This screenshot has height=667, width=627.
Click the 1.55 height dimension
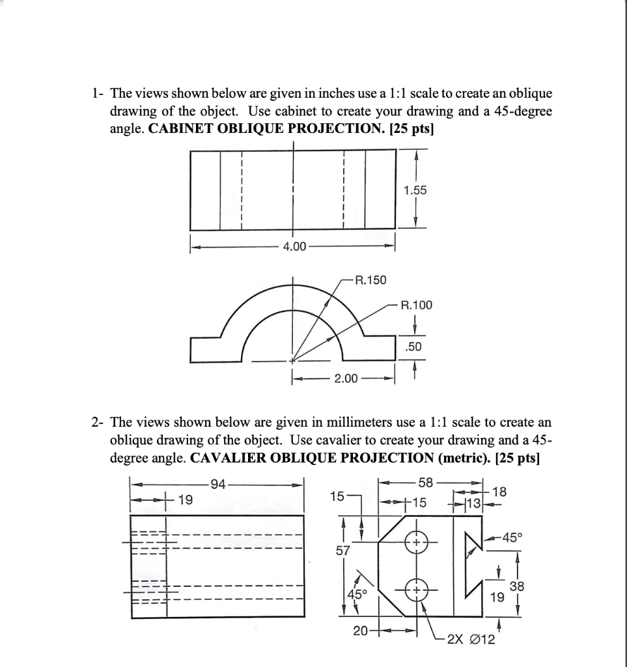pos(415,190)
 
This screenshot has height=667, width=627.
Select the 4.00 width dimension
pos(292,247)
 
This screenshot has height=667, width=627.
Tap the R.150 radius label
pos(370,280)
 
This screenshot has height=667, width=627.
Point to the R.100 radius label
pos(415,304)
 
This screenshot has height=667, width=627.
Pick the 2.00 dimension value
pos(344,379)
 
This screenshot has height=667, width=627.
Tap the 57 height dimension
pos(342,550)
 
